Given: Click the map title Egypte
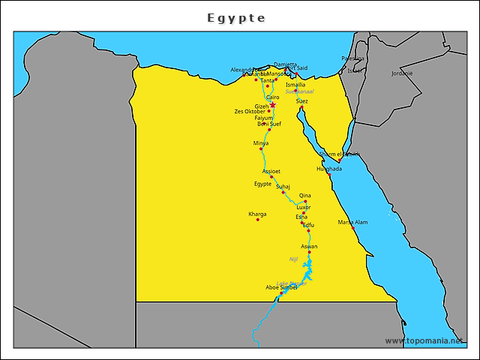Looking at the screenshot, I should tap(236, 17).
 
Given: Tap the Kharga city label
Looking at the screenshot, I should tap(257, 214).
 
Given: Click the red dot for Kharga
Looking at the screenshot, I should tap(258, 220).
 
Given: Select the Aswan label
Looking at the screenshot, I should tap(309, 246).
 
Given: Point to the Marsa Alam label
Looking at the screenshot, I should tap(352, 222).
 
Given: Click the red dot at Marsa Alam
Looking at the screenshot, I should tap(353, 227).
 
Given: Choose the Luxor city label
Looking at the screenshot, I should tap(304, 207).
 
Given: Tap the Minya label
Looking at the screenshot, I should tap(261, 142).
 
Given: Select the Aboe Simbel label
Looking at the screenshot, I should tap(281, 286).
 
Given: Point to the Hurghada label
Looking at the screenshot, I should tap(329, 169).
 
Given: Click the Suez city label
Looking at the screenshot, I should tap(301, 100).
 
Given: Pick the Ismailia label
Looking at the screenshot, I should tap(295, 85).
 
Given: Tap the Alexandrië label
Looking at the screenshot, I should tap(246, 70).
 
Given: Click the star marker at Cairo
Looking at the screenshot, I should tap(273, 105).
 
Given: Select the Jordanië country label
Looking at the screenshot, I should tap(402, 73).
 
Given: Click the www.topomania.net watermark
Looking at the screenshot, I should tap(430, 340).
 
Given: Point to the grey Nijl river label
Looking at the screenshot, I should tap(294, 259).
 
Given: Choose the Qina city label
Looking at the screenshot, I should tap(305, 195).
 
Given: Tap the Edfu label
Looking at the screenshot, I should tap(308, 225).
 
